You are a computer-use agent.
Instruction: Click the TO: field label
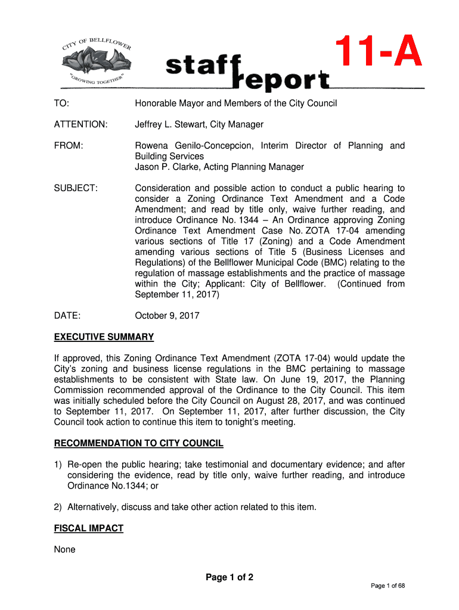61,104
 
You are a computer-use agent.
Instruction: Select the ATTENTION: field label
81,125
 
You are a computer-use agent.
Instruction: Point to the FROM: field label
69,146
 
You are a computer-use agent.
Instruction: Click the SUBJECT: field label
76,188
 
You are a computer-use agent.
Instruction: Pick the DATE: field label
67,316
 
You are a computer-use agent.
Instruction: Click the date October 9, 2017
167,316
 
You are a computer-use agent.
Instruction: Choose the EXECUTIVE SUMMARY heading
104,337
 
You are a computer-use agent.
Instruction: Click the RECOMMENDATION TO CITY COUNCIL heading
138,443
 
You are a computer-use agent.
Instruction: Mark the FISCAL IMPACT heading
88,528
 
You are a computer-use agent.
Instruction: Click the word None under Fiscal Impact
64,549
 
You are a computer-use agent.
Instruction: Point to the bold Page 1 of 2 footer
229,577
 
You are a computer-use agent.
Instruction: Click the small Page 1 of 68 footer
387,586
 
